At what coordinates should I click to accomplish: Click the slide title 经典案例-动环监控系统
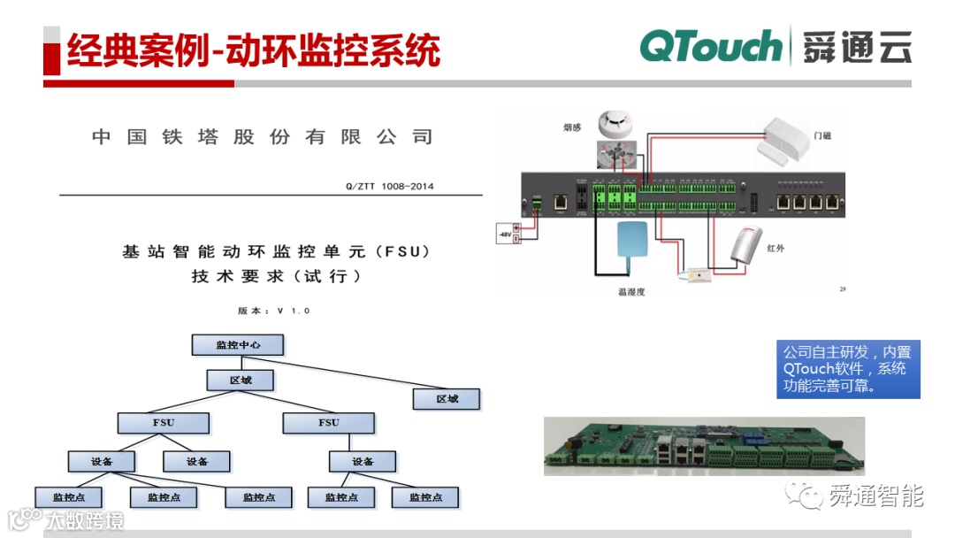[x=253, y=52]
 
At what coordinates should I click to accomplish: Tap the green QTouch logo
[x=710, y=47]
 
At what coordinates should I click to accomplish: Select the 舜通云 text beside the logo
[x=857, y=47]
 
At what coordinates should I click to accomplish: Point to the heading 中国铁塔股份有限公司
[x=263, y=137]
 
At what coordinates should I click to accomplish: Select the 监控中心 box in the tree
[x=238, y=345]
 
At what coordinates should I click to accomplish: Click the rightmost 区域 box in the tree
[x=447, y=399]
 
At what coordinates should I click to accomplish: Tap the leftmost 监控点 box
[x=69, y=497]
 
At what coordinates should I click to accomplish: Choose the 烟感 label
[x=573, y=127]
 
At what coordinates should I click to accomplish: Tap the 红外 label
[x=775, y=249]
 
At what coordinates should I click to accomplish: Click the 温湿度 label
[x=631, y=291]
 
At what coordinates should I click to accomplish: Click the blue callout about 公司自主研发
[x=848, y=368]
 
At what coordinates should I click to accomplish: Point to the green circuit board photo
[x=704, y=446]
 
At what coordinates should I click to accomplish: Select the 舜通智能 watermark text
[x=875, y=496]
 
